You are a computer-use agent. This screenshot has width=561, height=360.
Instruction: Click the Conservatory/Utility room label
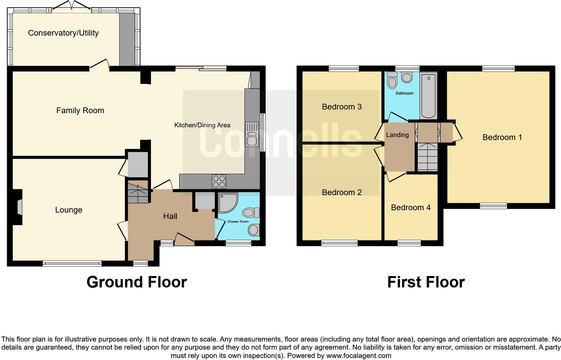(63, 33)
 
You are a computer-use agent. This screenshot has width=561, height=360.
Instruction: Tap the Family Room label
(80, 110)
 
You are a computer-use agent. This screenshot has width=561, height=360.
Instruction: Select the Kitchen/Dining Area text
(202, 125)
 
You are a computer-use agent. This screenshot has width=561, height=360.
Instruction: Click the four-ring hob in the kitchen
(218, 182)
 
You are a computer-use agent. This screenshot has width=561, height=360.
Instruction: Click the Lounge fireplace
(18, 207)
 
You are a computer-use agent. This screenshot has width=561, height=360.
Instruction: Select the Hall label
(170, 217)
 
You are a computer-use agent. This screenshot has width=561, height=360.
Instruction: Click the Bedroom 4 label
(411, 208)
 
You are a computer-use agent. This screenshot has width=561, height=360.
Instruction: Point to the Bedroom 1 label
(502, 137)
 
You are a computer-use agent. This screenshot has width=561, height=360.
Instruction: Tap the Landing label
(397, 135)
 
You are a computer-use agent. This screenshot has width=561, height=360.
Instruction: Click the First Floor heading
(426, 282)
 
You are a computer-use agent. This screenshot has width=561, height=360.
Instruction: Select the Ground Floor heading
(137, 282)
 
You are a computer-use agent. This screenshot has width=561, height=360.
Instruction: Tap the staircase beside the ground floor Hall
(138, 192)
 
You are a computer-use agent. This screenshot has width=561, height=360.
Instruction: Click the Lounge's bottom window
(72, 264)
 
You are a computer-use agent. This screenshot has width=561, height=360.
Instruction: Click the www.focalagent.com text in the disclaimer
(359, 356)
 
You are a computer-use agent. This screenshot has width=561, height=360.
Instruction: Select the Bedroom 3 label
(342, 107)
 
